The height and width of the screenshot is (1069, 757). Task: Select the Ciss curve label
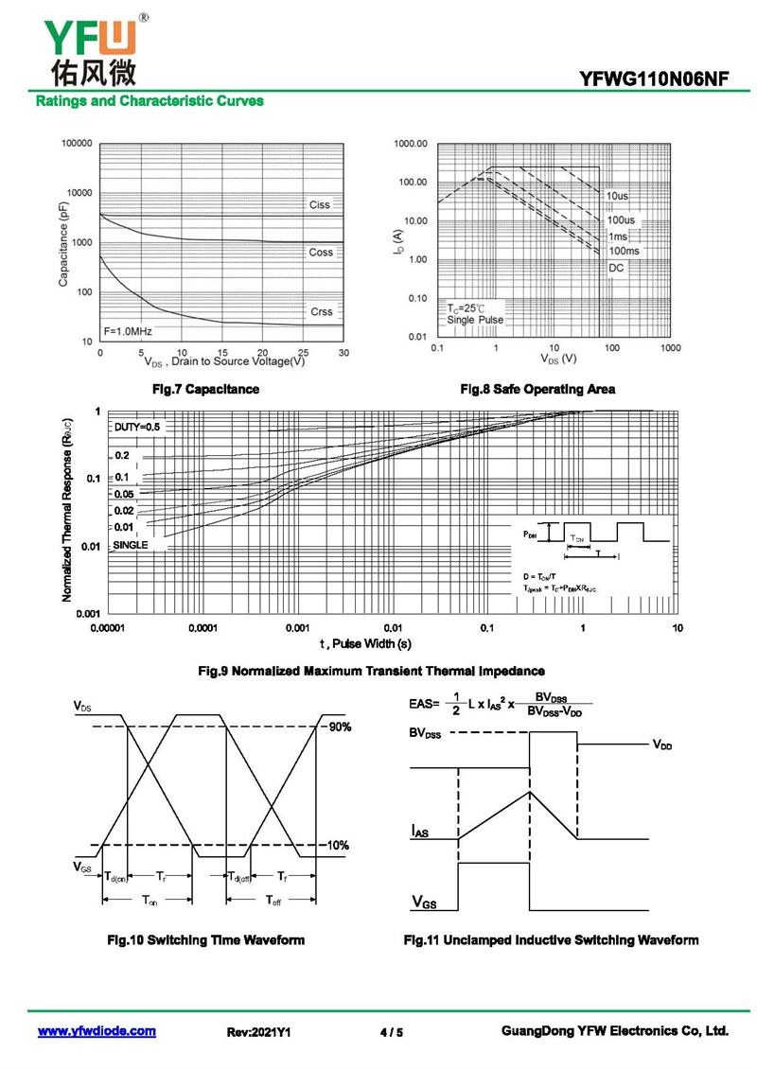(x=320, y=204)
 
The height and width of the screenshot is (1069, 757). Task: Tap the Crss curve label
(x=321, y=311)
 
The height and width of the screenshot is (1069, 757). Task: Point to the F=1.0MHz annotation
(x=128, y=331)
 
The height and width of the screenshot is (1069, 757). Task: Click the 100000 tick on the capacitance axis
(x=76, y=144)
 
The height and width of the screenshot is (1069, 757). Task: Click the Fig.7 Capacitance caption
(x=206, y=389)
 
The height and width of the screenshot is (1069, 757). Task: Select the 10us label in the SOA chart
(x=617, y=196)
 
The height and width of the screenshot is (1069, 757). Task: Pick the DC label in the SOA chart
(x=616, y=269)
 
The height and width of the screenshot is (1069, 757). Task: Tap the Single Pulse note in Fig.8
(x=475, y=320)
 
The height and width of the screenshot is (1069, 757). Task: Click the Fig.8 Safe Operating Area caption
(x=537, y=389)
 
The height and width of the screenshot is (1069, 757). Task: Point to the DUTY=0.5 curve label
(x=137, y=427)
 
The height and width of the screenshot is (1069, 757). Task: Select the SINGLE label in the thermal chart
(x=132, y=545)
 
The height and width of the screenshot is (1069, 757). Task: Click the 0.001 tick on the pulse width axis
(x=297, y=628)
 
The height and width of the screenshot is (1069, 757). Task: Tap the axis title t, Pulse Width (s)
(x=364, y=644)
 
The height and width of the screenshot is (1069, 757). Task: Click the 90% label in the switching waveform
(x=339, y=727)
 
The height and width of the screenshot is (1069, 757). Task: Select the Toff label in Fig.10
(x=273, y=900)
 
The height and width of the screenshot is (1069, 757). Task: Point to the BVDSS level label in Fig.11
(x=425, y=734)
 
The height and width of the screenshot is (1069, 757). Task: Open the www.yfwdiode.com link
(x=97, y=1031)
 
